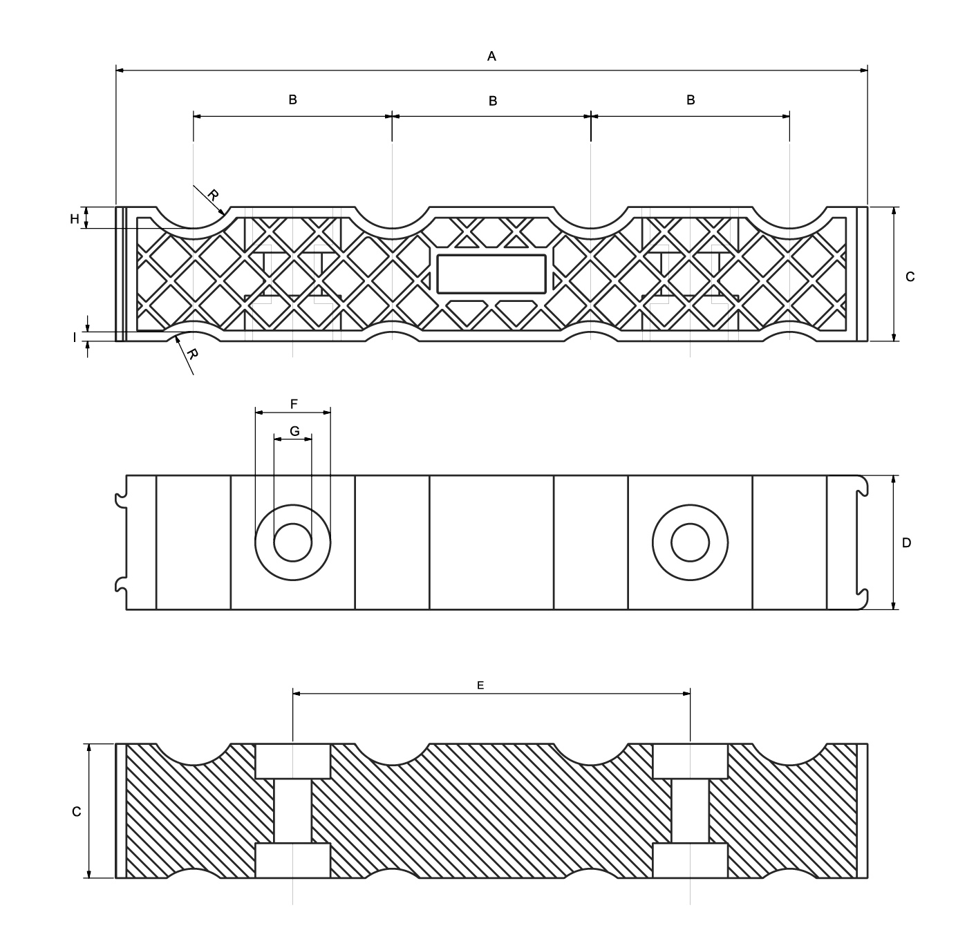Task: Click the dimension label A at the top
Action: (x=491, y=56)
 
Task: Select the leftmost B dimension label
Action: (x=292, y=99)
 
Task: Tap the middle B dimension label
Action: (x=493, y=101)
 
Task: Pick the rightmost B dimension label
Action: (x=691, y=100)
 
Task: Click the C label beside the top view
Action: (x=910, y=276)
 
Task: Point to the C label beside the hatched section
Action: (x=77, y=811)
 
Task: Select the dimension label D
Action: (x=906, y=542)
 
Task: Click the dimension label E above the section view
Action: (x=480, y=685)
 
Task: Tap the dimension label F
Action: (x=294, y=404)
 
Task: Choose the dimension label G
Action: (x=294, y=431)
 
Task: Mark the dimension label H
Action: (x=75, y=219)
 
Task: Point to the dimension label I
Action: (x=75, y=338)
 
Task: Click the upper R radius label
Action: (x=213, y=195)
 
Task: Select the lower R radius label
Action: (x=193, y=354)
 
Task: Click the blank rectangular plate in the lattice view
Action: (x=491, y=273)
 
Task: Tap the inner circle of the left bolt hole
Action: (x=293, y=542)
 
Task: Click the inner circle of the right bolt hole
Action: (x=690, y=542)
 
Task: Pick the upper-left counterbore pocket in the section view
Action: (x=293, y=761)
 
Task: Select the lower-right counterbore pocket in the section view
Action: (x=690, y=860)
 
